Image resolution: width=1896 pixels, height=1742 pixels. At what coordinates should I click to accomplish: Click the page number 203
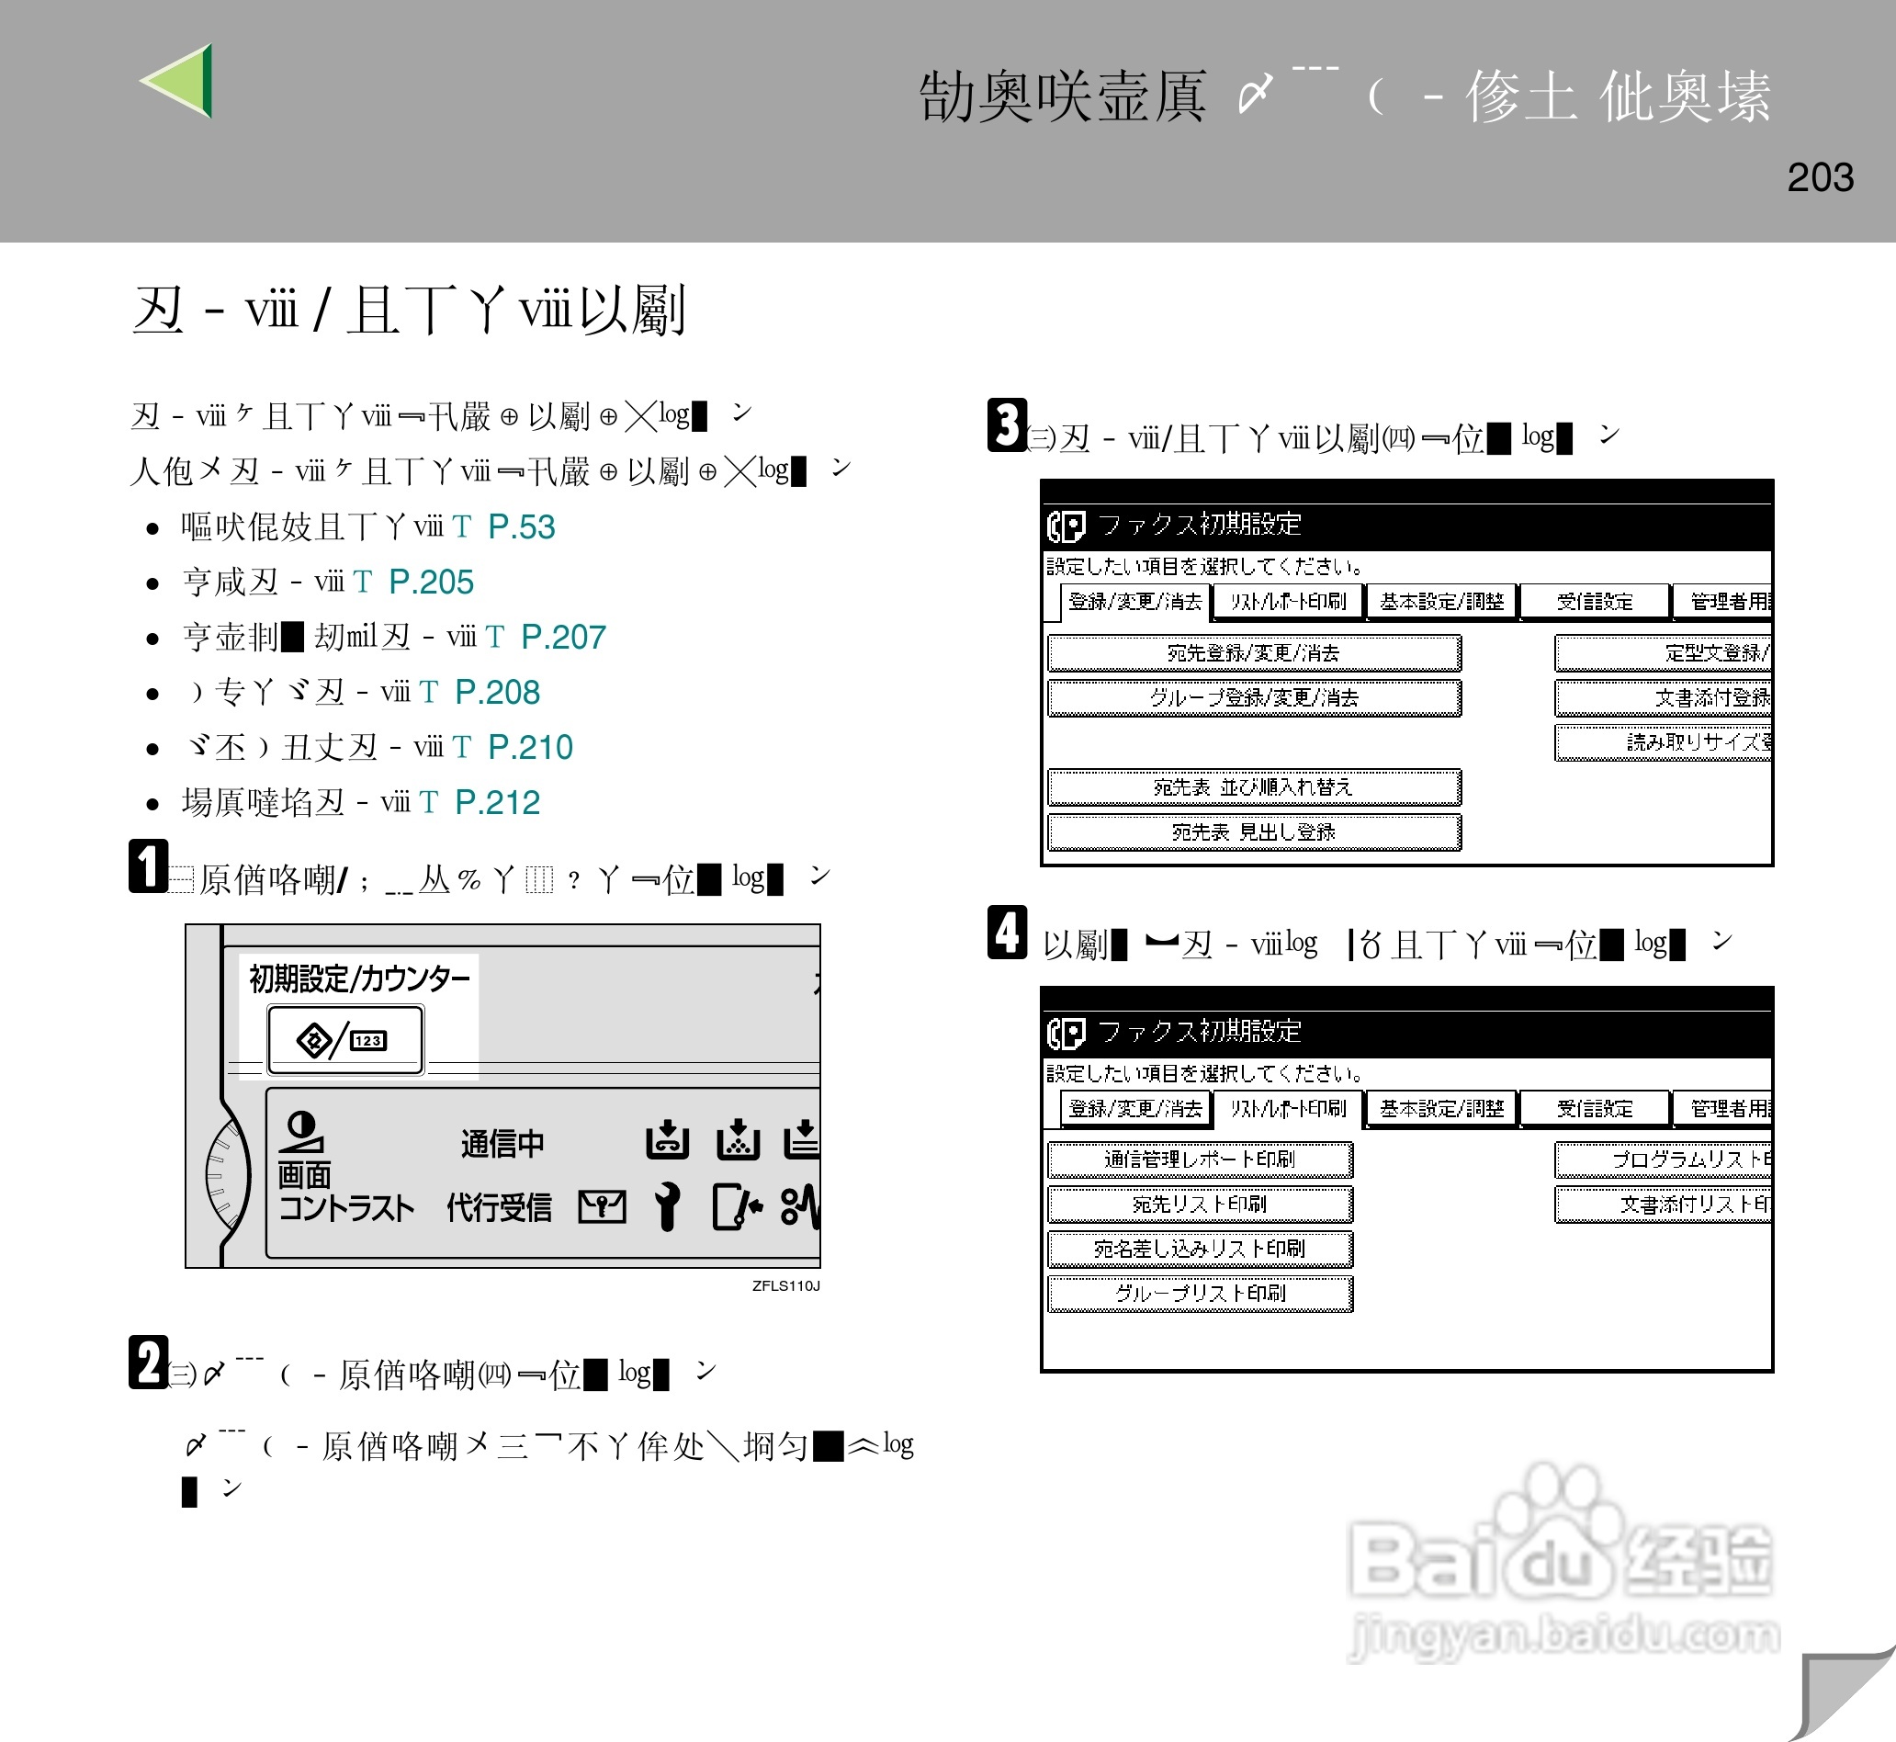1819,177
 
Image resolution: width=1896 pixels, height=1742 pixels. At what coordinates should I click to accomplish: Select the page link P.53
521,527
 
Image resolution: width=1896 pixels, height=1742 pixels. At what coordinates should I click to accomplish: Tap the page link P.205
431,583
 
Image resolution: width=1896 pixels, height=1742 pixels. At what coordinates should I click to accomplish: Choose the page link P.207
562,638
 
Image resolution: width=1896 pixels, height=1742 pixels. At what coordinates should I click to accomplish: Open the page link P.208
497,693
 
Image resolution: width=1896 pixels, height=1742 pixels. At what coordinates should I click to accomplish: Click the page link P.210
530,748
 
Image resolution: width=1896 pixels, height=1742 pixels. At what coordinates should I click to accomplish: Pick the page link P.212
497,803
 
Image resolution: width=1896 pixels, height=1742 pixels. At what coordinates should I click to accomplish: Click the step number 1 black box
148,865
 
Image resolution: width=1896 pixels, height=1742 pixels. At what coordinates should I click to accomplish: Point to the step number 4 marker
1007,933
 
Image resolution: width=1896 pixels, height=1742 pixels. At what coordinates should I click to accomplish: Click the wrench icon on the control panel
667,1205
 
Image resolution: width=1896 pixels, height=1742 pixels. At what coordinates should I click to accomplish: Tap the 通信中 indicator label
502,1144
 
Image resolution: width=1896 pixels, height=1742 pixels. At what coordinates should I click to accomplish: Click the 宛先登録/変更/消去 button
1253,652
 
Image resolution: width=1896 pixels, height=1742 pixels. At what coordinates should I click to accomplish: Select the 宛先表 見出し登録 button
1253,831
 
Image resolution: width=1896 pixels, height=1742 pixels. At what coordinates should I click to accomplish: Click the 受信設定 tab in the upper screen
1594,602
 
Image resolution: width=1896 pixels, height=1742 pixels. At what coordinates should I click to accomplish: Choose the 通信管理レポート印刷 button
1199,1159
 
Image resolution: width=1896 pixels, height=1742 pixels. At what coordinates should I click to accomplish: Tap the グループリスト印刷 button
1199,1293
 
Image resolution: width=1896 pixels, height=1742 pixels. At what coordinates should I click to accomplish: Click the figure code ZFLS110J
785,1285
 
